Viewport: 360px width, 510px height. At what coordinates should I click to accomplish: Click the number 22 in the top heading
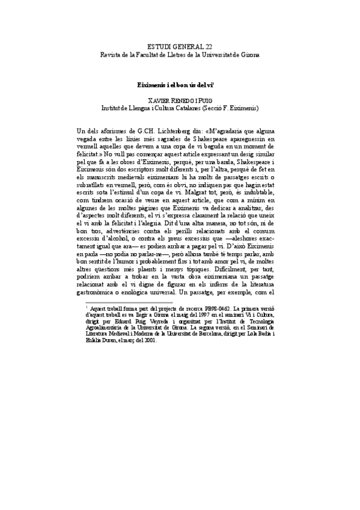coord(207,46)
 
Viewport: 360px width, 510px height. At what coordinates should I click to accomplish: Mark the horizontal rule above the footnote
coord(129,302)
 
